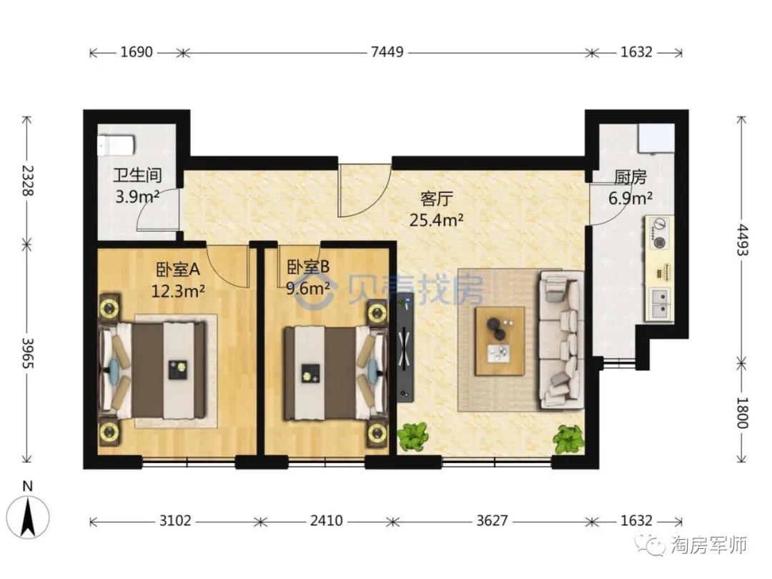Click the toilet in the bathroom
click(x=117, y=146)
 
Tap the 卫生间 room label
click(x=137, y=175)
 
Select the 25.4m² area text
click(x=436, y=220)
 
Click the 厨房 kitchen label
click(x=630, y=177)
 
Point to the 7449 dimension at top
click(x=387, y=51)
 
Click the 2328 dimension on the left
click(x=28, y=180)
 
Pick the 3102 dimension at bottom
click(x=175, y=520)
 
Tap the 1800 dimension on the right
click(x=741, y=412)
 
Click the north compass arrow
click(x=29, y=517)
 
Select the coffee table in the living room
click(x=499, y=341)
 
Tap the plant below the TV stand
click(x=412, y=436)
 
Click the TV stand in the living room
click(x=406, y=347)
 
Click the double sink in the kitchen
click(x=660, y=304)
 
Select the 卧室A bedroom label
click(x=178, y=269)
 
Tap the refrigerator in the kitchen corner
click(x=655, y=139)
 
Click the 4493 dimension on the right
click(x=741, y=239)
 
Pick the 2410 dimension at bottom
click(x=326, y=520)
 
